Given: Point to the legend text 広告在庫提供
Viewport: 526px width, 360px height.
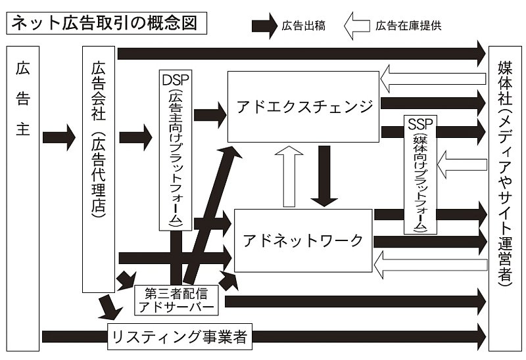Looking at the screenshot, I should (400, 27).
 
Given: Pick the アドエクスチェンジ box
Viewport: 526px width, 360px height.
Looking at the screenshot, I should (303, 106).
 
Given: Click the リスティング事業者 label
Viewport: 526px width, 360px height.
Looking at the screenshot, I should (178, 336).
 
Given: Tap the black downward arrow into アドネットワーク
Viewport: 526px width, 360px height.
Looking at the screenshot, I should (324, 174).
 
